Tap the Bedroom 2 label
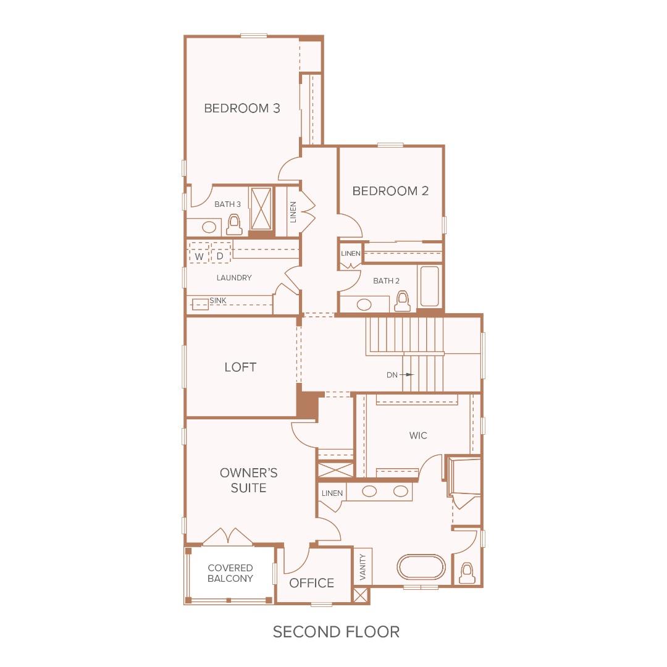[390, 191]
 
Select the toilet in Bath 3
[234, 224]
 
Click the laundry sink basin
[200, 304]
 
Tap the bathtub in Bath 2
[429, 286]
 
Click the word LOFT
[240, 367]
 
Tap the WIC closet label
[418, 435]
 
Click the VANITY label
[363, 566]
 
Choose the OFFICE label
[312, 583]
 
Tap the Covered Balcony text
[230, 573]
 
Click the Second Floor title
[337, 632]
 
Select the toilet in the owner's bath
[468, 573]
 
